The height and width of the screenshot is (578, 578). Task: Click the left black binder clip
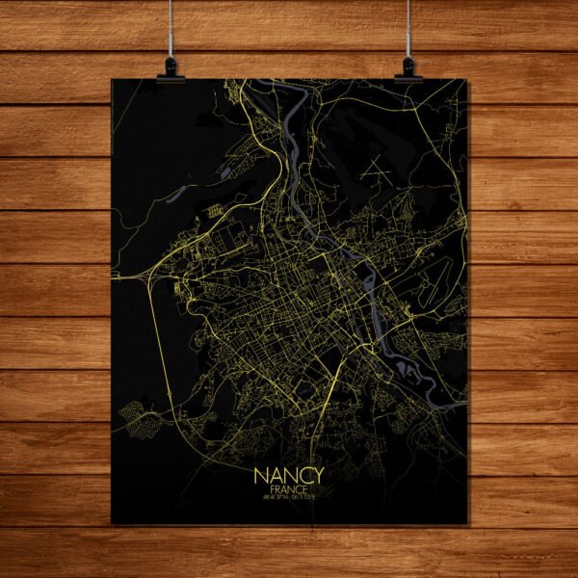[x=171, y=68]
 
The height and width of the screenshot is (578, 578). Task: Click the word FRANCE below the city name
[x=289, y=490]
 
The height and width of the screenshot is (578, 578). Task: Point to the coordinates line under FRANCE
[x=289, y=499]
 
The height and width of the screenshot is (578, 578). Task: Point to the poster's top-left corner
[x=112, y=79]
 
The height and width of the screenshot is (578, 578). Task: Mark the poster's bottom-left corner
[x=112, y=524]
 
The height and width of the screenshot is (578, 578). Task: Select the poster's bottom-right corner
[x=469, y=524]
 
